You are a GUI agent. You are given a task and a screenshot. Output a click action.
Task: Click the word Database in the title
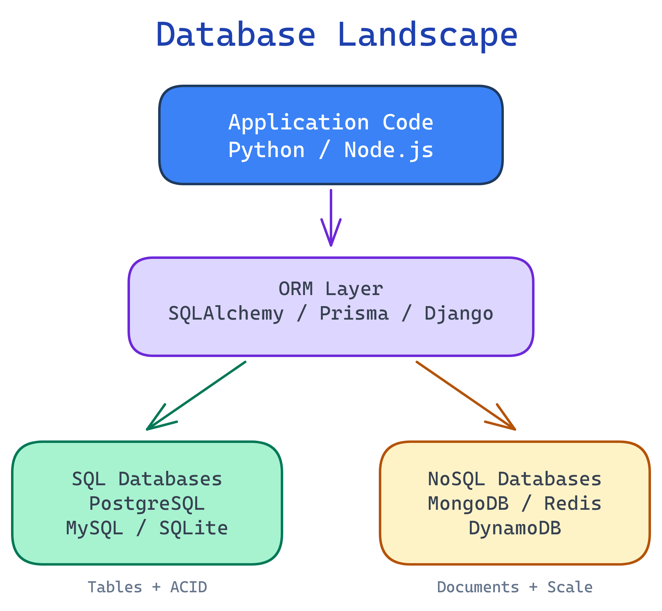[236, 35]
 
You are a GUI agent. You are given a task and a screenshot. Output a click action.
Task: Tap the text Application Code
[331, 122]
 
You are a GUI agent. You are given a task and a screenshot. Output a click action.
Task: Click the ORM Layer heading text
[331, 289]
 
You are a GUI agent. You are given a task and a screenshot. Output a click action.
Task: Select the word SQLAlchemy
[226, 313]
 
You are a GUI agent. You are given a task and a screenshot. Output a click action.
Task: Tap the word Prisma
[354, 313]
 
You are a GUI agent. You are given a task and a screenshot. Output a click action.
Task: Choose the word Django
[458, 313]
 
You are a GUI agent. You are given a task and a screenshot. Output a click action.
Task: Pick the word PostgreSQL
[147, 504]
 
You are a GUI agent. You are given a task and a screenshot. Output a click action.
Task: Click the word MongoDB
[468, 504]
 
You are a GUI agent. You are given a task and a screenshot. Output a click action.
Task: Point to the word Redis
[573, 504]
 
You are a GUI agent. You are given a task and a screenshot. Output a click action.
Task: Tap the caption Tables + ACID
[147, 587]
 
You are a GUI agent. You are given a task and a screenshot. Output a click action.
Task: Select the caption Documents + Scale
[515, 587]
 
